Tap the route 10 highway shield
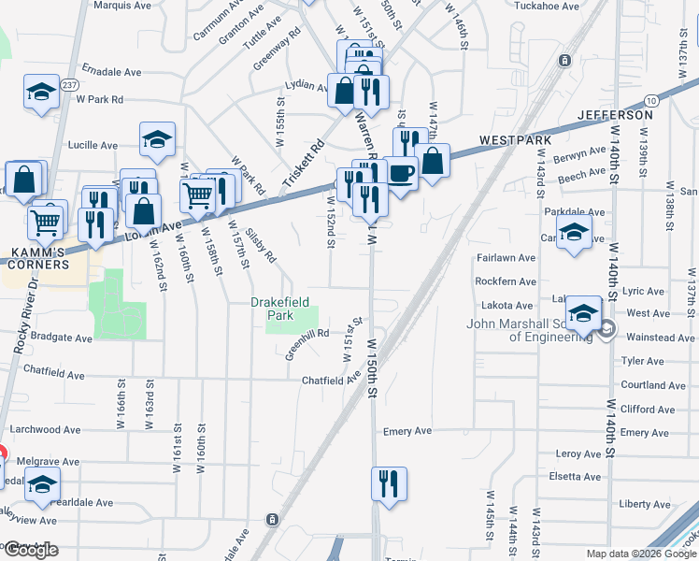click(651, 99)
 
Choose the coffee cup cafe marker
click(401, 174)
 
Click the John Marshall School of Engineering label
click(530, 331)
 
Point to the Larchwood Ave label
click(47, 430)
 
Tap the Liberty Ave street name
click(644, 504)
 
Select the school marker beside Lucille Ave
click(157, 138)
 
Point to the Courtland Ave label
click(653, 385)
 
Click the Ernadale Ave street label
click(111, 70)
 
